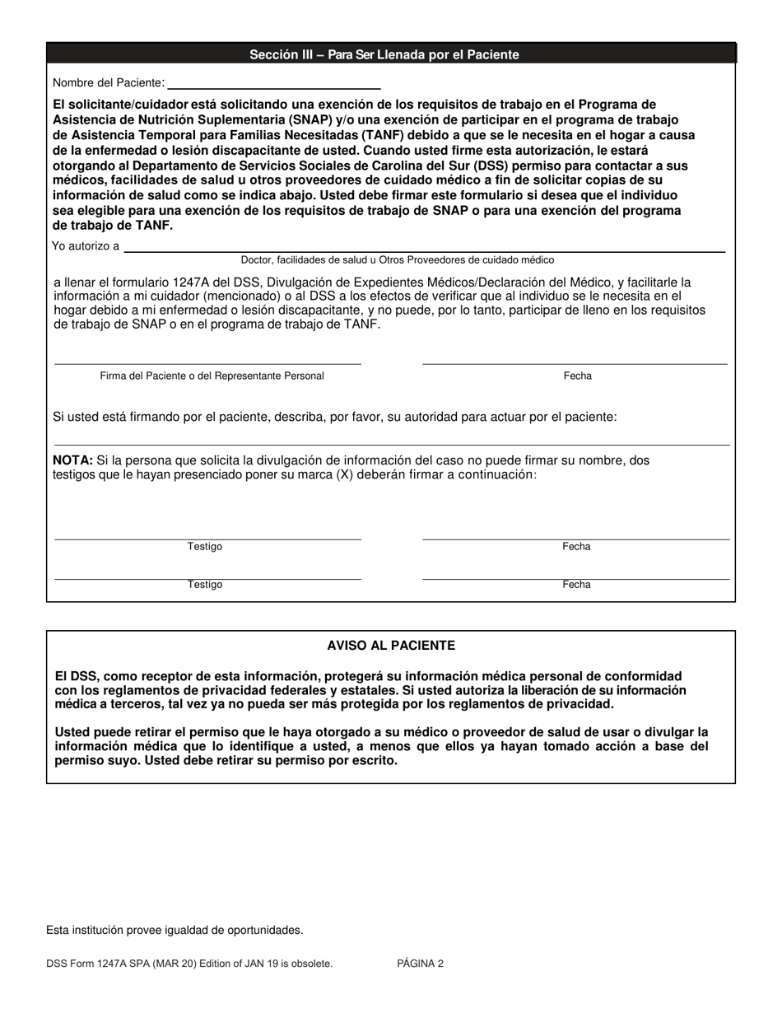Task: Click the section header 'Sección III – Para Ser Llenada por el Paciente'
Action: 384,55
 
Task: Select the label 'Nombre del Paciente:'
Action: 109,83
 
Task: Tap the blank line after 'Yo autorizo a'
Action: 424,249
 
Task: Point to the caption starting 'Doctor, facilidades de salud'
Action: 397,259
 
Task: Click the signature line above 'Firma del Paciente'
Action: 207,363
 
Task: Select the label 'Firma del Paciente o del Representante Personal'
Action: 212,376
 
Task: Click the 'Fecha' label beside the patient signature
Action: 577,376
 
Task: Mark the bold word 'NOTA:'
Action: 72,460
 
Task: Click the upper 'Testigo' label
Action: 204,547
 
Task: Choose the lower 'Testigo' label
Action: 204,585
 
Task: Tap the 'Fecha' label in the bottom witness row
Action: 576,585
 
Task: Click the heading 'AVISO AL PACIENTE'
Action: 391,646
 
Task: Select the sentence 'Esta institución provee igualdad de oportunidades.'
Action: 175,931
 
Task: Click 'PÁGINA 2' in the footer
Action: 420,963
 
